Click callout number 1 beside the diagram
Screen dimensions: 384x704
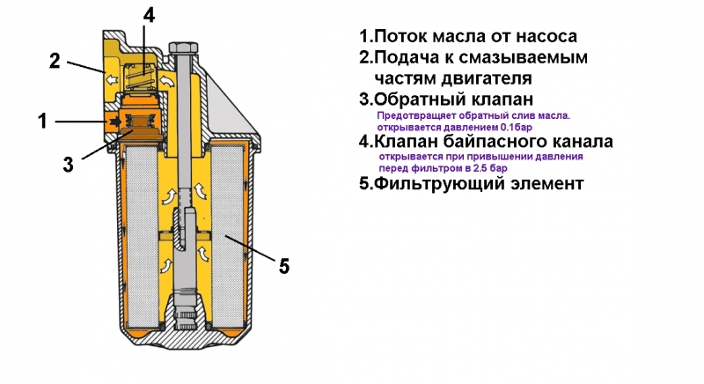point(41,122)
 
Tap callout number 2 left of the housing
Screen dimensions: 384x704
point(55,61)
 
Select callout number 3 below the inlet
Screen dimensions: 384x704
point(69,165)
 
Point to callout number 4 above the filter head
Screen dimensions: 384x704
point(149,15)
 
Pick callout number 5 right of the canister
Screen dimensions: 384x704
point(283,265)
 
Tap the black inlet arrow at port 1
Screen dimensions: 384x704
point(114,121)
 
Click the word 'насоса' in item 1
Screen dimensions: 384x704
point(547,37)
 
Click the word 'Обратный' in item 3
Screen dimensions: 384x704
point(419,99)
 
